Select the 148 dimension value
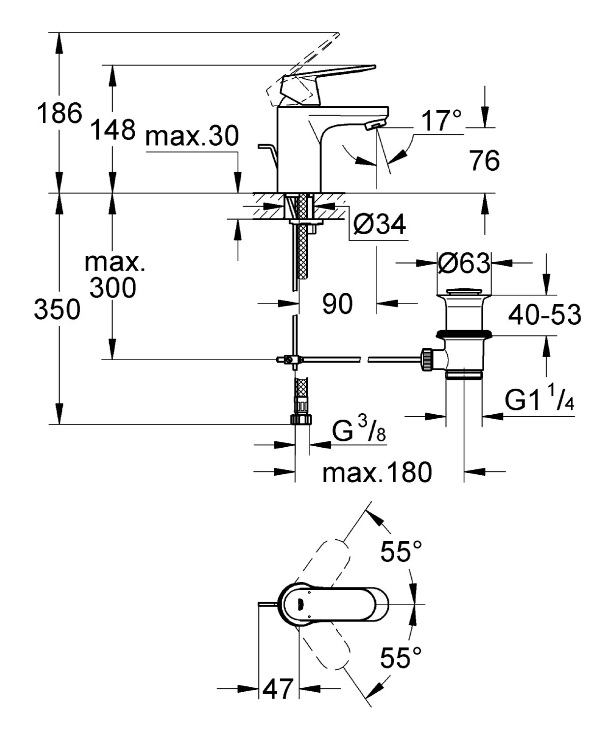(x=113, y=129)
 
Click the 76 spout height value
(x=485, y=160)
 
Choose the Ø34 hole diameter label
(x=380, y=224)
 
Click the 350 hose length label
(x=57, y=309)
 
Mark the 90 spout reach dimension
(x=337, y=303)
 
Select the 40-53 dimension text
(x=545, y=314)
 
